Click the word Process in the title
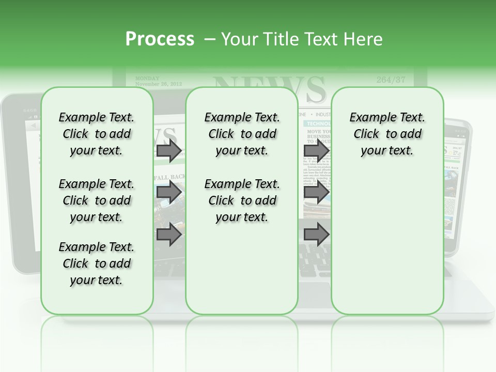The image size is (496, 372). tap(160, 39)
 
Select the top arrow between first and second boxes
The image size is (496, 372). tap(169, 151)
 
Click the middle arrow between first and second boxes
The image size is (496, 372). tap(169, 193)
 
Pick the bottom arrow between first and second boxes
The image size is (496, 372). tap(169, 235)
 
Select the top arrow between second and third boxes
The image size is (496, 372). tap(316, 151)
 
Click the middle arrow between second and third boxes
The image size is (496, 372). tap(316, 193)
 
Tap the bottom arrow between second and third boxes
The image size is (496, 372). tap(316, 235)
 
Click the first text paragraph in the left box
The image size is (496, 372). tap(97, 134)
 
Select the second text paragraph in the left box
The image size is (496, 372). tap(97, 200)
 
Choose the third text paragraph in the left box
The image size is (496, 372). tap(97, 263)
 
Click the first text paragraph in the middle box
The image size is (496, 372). tap(242, 134)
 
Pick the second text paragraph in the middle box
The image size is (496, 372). tap(242, 200)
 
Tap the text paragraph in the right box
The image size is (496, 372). tap(388, 134)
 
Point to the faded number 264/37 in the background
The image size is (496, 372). tap(391, 80)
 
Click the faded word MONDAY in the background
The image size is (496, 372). tap(147, 78)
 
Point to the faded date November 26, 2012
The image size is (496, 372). tap(158, 83)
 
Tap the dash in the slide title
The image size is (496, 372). tap(210, 39)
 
